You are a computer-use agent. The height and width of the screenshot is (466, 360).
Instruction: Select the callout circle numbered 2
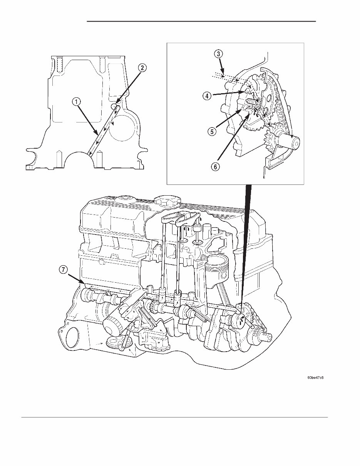[x=142, y=68]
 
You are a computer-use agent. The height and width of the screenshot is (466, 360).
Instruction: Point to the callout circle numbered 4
[x=207, y=97]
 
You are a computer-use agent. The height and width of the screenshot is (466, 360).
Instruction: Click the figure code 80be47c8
[x=315, y=378]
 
